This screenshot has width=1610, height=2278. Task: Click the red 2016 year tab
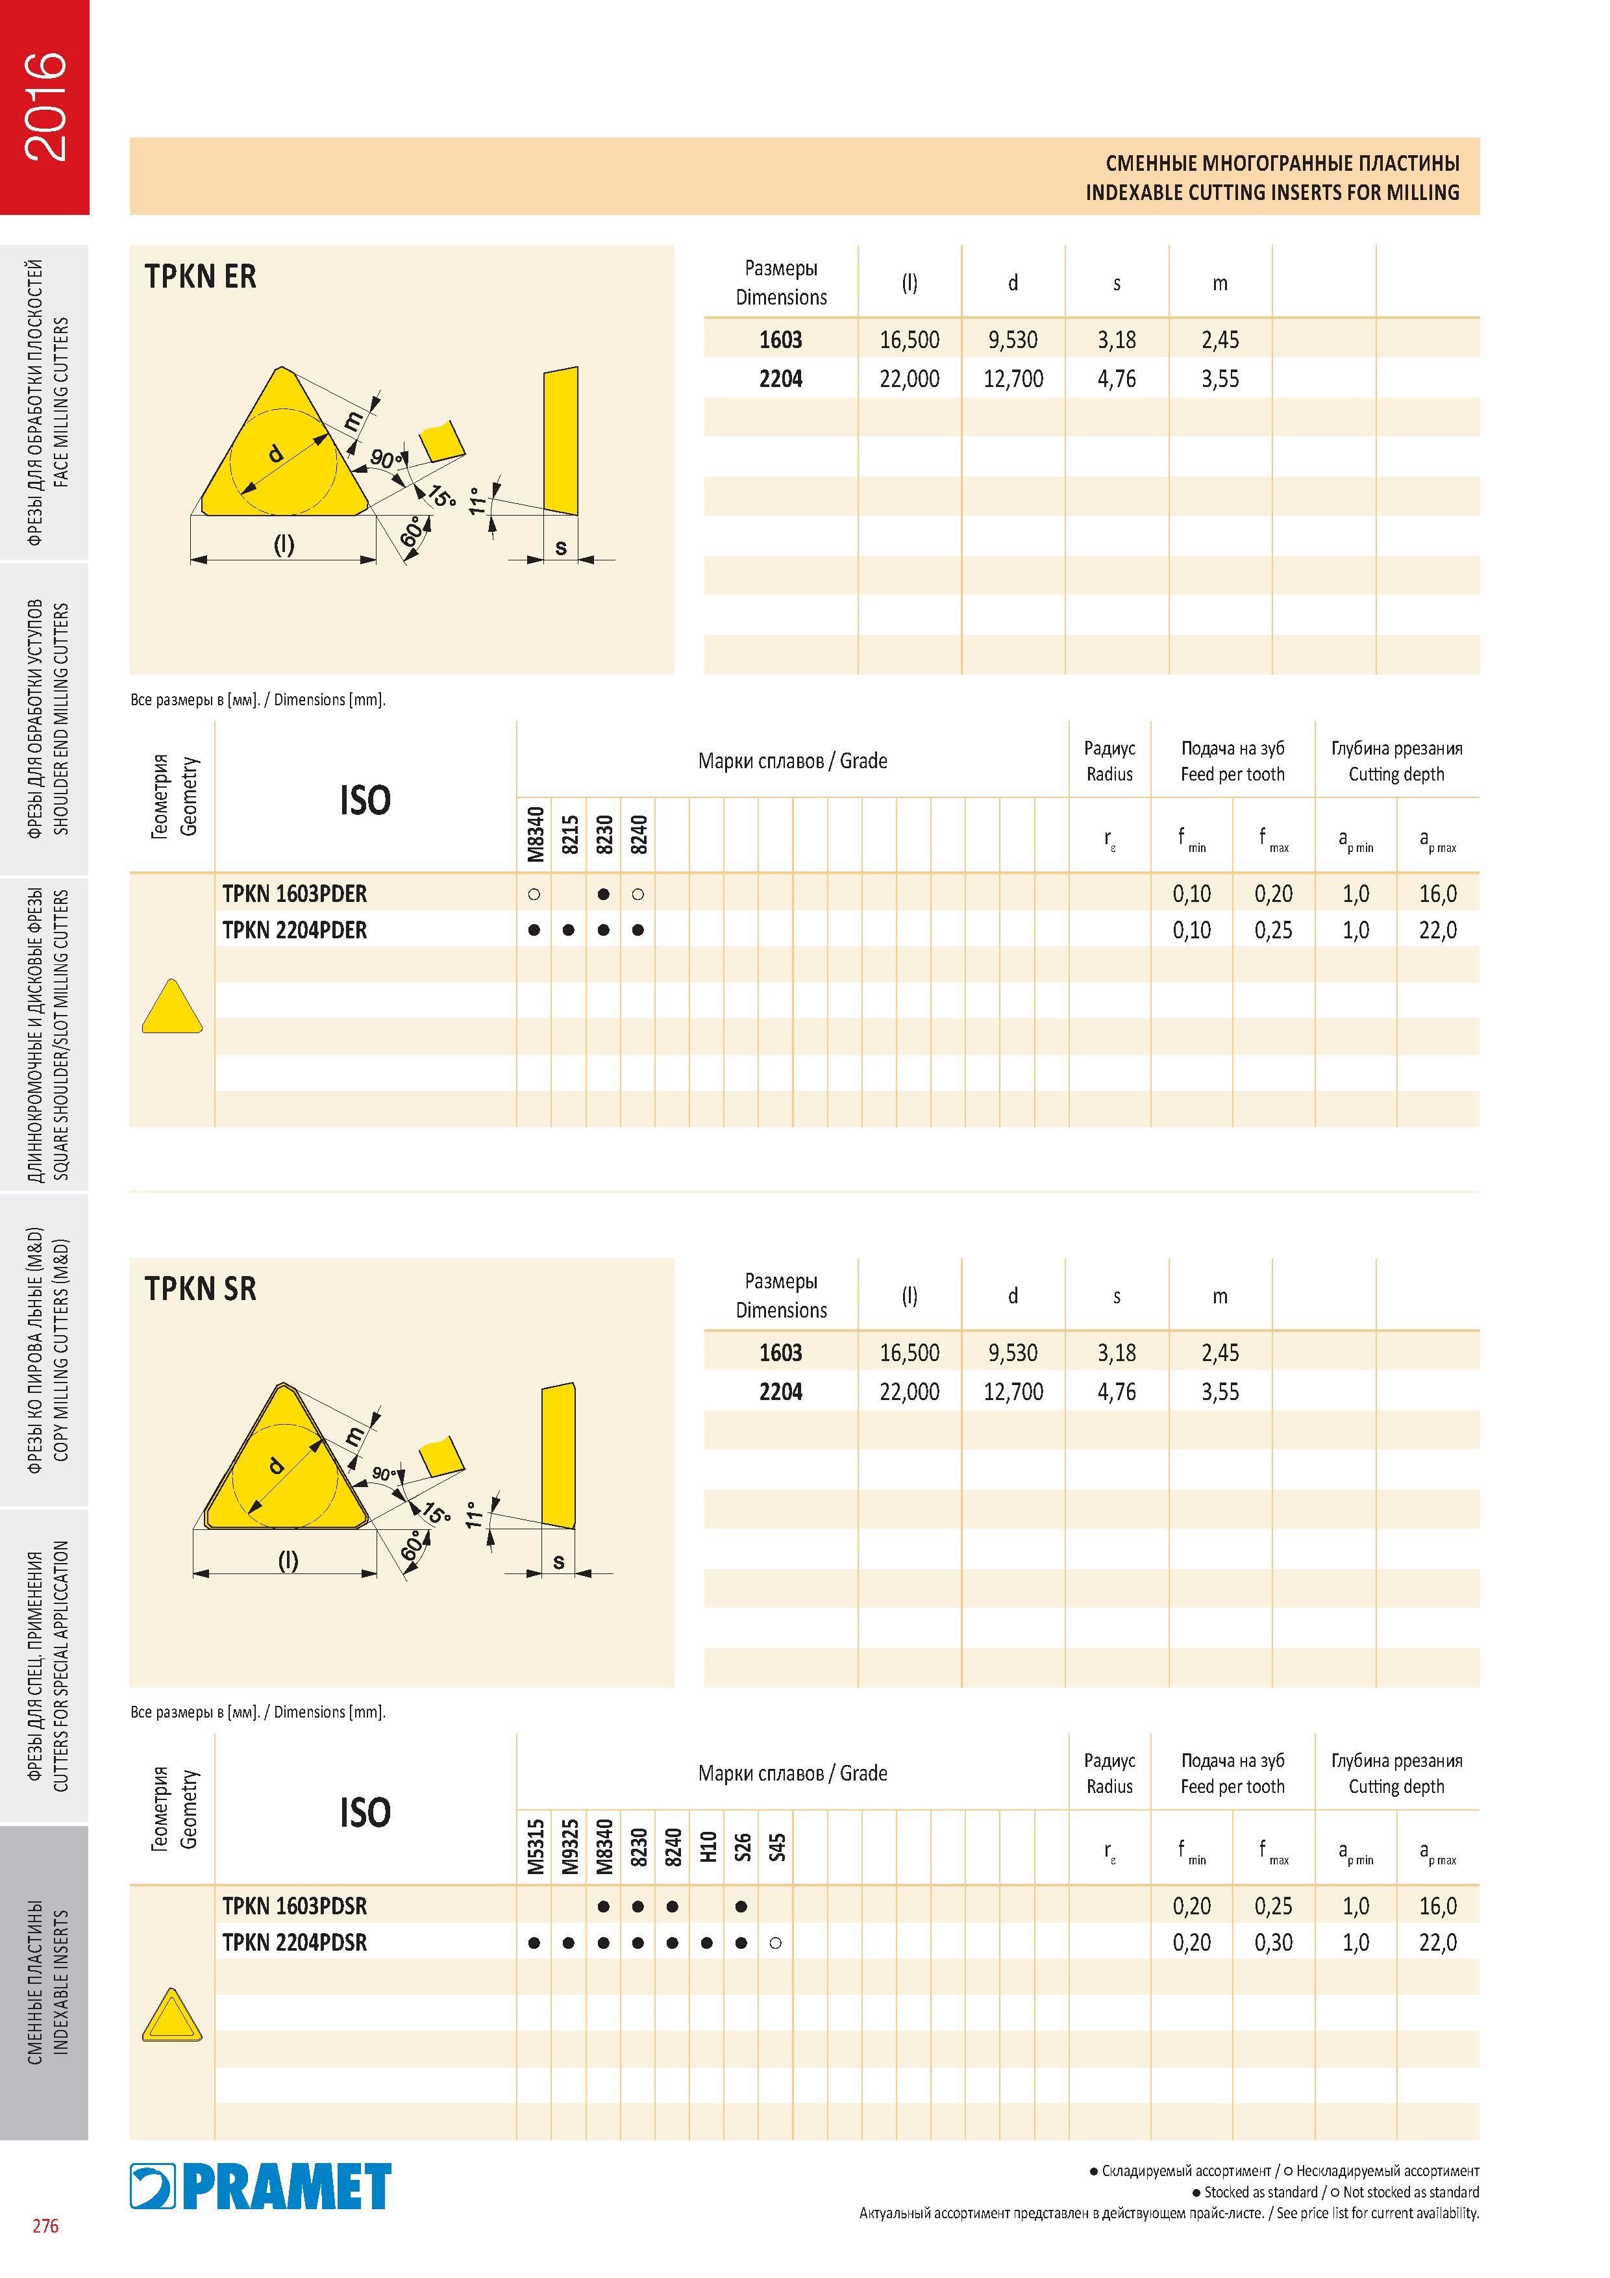[45, 107]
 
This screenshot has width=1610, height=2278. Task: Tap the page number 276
[45, 2253]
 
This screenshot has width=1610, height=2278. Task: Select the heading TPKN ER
[201, 276]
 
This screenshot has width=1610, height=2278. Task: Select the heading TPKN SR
[201, 1289]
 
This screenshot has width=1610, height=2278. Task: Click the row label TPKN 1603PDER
[295, 894]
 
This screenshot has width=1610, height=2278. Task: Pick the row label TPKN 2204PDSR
[295, 1943]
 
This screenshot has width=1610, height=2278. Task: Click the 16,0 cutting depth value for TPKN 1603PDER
[1437, 894]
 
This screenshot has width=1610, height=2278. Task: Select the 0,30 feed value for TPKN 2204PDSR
[1274, 1943]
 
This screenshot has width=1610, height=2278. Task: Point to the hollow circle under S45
[776, 1943]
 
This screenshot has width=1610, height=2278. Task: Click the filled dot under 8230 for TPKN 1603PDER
[603, 894]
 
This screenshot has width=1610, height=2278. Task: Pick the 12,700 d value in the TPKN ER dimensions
[1013, 379]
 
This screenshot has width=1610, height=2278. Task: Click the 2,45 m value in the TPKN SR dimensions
[1220, 1352]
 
